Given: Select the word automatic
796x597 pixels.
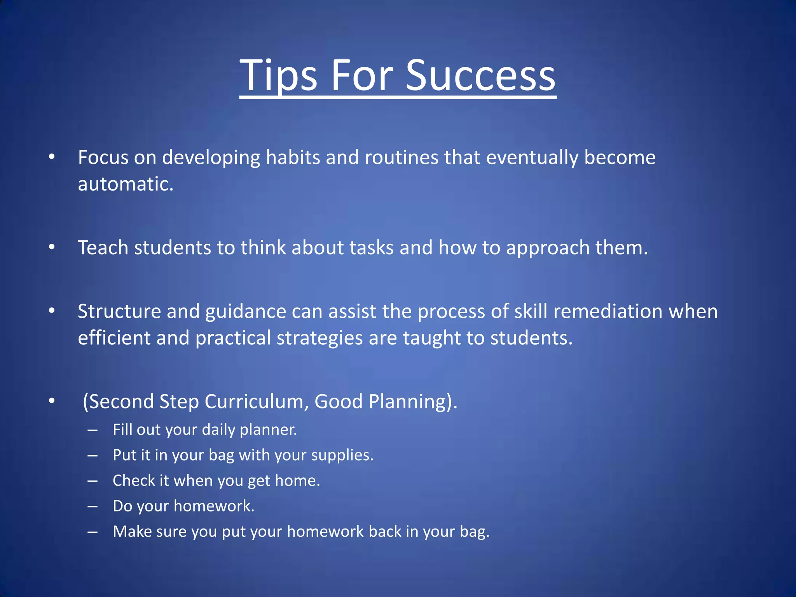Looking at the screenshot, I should pyautogui.click(x=125, y=184).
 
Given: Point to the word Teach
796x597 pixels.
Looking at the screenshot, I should pyautogui.click(x=103, y=248).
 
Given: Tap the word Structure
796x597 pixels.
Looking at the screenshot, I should pyautogui.click(x=119, y=311).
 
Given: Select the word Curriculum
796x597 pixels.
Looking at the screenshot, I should pyautogui.click(x=257, y=401).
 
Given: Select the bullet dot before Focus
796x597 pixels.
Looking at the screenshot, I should pyautogui.click(x=52, y=157).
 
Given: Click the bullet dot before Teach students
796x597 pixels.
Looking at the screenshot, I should pyautogui.click(x=52, y=248).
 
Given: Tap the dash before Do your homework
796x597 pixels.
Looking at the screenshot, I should pyautogui.click(x=93, y=506).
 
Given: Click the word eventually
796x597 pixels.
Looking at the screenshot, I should pyautogui.click(x=532, y=158).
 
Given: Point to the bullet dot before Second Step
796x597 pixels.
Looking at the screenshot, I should pyautogui.click(x=52, y=401).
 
